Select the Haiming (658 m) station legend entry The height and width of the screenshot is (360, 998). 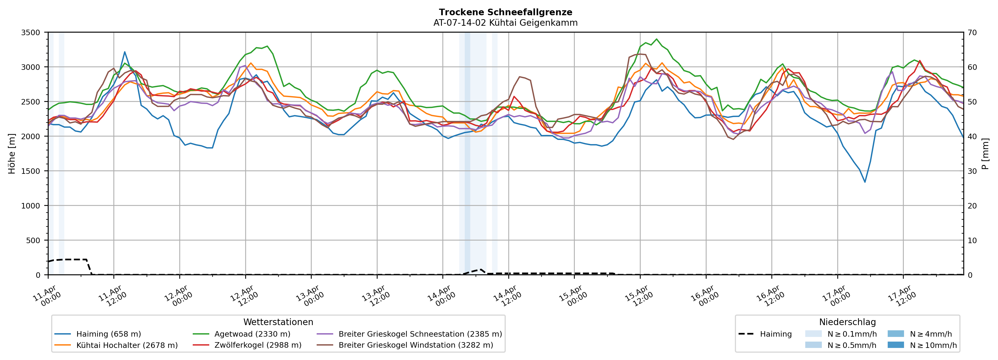click(x=108, y=334)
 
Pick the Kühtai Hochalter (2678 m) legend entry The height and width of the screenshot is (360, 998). click(x=127, y=345)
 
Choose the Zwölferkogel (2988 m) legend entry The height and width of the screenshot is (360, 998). click(x=258, y=345)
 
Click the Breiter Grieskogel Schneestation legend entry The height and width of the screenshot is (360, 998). click(x=420, y=334)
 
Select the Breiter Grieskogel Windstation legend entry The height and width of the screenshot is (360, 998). click(x=416, y=345)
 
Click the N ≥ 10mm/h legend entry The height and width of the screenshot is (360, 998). click(x=933, y=345)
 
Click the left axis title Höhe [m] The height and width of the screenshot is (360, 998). click(x=12, y=154)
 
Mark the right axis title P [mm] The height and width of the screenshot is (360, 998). click(x=985, y=154)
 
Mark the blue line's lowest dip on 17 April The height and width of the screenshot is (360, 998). click(x=865, y=182)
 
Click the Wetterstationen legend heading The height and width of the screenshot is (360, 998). click(x=278, y=322)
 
